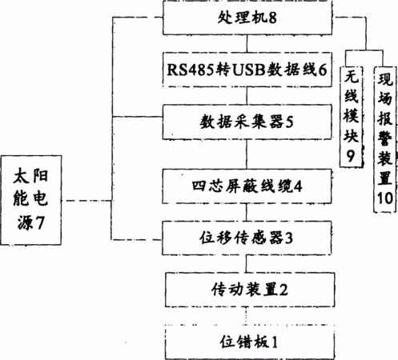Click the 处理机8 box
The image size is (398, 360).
click(247, 18)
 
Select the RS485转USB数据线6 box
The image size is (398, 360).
click(247, 70)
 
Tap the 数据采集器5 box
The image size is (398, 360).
click(247, 122)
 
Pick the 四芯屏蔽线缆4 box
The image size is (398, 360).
click(247, 186)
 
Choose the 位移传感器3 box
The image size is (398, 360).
click(247, 238)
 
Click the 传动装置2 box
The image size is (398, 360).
click(250, 290)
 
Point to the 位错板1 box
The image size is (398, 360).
click(250, 342)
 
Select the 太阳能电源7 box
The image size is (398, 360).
click(31, 200)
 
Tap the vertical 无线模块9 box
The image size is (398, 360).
click(351, 117)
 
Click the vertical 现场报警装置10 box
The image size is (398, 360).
click(384, 139)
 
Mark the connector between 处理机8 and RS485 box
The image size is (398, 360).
click(247, 43)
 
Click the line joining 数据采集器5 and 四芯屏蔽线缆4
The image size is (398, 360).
click(247, 154)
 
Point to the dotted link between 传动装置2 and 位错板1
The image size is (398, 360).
click(246, 316)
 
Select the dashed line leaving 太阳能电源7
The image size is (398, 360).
click(86, 200)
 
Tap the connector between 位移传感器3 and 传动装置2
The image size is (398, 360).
click(246, 263)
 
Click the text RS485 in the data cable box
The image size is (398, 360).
click(191, 70)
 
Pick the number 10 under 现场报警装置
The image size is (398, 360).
click(385, 198)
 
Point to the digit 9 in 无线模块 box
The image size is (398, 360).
click(351, 156)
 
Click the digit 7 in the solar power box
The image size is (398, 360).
click(40, 222)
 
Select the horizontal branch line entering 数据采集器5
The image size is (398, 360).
click(138, 117)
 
